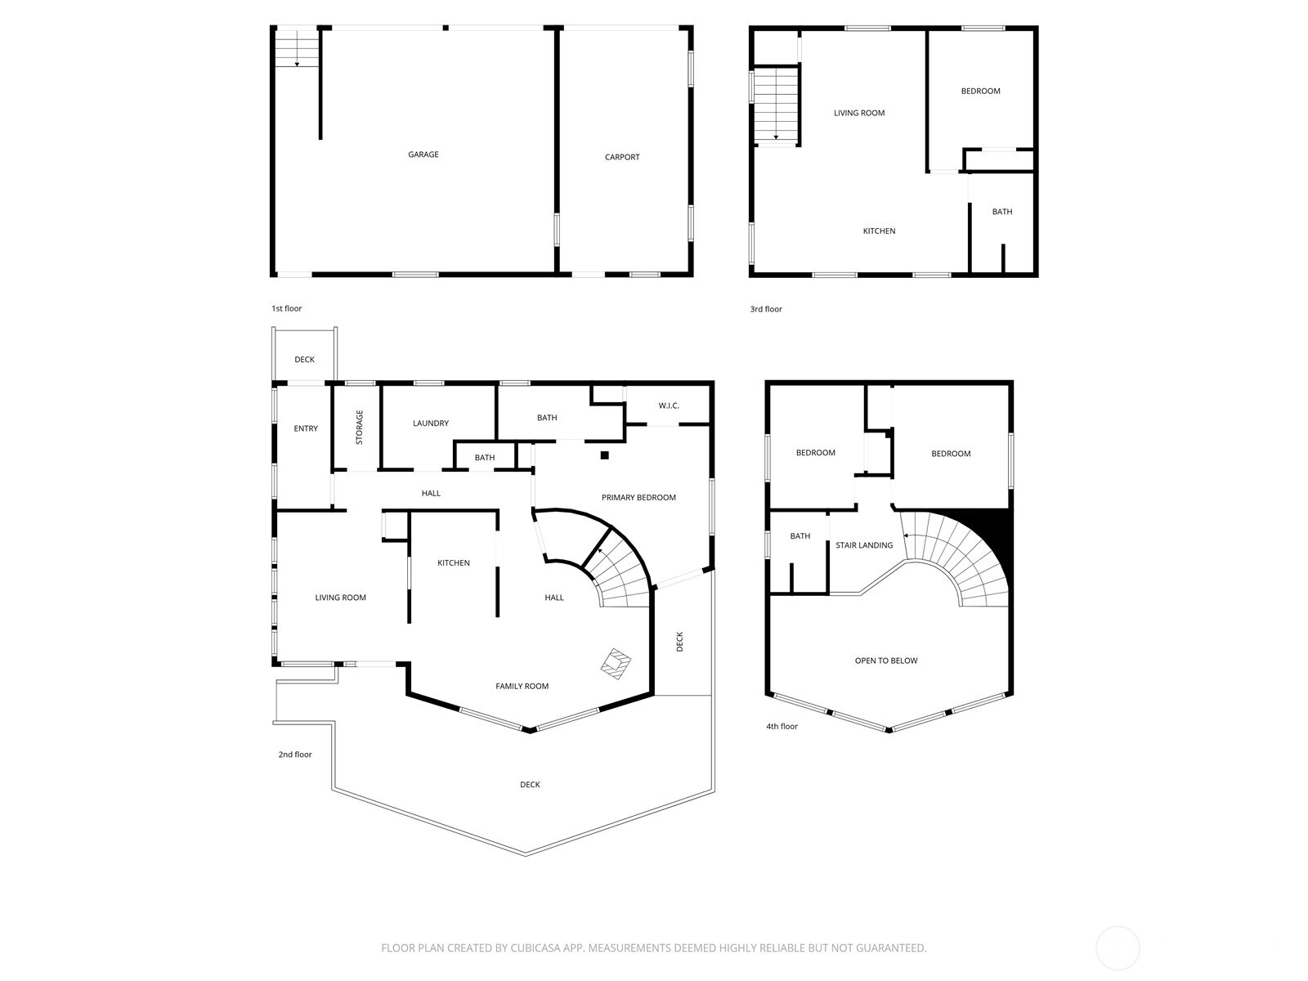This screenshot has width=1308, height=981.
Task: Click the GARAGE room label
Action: pos(423,155)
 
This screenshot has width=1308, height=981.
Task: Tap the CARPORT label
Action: pos(622,157)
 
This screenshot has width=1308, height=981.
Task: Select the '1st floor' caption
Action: pos(287,309)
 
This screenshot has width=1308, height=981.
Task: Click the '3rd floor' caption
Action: pos(766,309)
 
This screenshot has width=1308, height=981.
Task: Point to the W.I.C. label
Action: pos(669,406)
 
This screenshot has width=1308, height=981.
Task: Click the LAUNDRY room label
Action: pos(431,423)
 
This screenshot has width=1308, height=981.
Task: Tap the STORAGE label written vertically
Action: pos(359,428)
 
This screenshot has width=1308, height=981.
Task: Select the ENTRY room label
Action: pos(306,429)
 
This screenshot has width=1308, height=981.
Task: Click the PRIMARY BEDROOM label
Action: pos(638,498)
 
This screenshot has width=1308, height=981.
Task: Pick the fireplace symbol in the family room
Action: pos(616,662)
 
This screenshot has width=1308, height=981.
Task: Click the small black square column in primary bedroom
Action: pos(604,455)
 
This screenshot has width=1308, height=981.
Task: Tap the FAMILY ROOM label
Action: pos(522,687)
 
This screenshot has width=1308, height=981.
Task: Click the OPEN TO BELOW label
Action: pos(886,661)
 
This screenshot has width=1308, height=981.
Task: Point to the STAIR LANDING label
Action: pos(864,545)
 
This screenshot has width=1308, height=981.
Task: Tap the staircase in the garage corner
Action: pos(296,47)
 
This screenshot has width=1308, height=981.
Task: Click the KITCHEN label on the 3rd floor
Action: pos(879,231)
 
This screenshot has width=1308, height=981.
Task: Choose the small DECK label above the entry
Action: pos(304,360)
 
